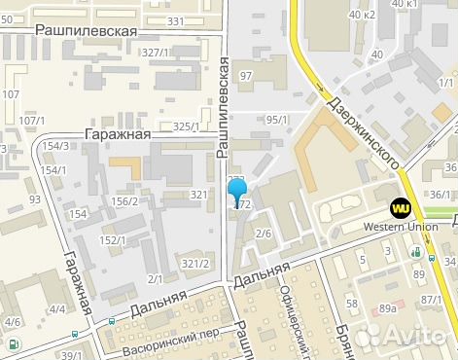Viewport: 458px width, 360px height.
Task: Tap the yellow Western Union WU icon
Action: click(401, 207)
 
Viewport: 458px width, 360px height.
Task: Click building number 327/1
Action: click(155, 52)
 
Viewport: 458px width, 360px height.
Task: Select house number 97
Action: click(246, 76)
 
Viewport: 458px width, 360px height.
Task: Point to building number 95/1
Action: click(277, 120)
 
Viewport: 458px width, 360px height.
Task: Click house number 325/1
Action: click(186, 126)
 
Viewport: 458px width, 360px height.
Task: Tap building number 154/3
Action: click(56, 146)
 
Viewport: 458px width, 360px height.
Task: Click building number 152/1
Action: click(115, 239)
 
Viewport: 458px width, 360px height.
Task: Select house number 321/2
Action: click(195, 263)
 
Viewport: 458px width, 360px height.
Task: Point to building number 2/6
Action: click(263, 234)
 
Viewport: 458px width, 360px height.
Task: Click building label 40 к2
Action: click(363, 15)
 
